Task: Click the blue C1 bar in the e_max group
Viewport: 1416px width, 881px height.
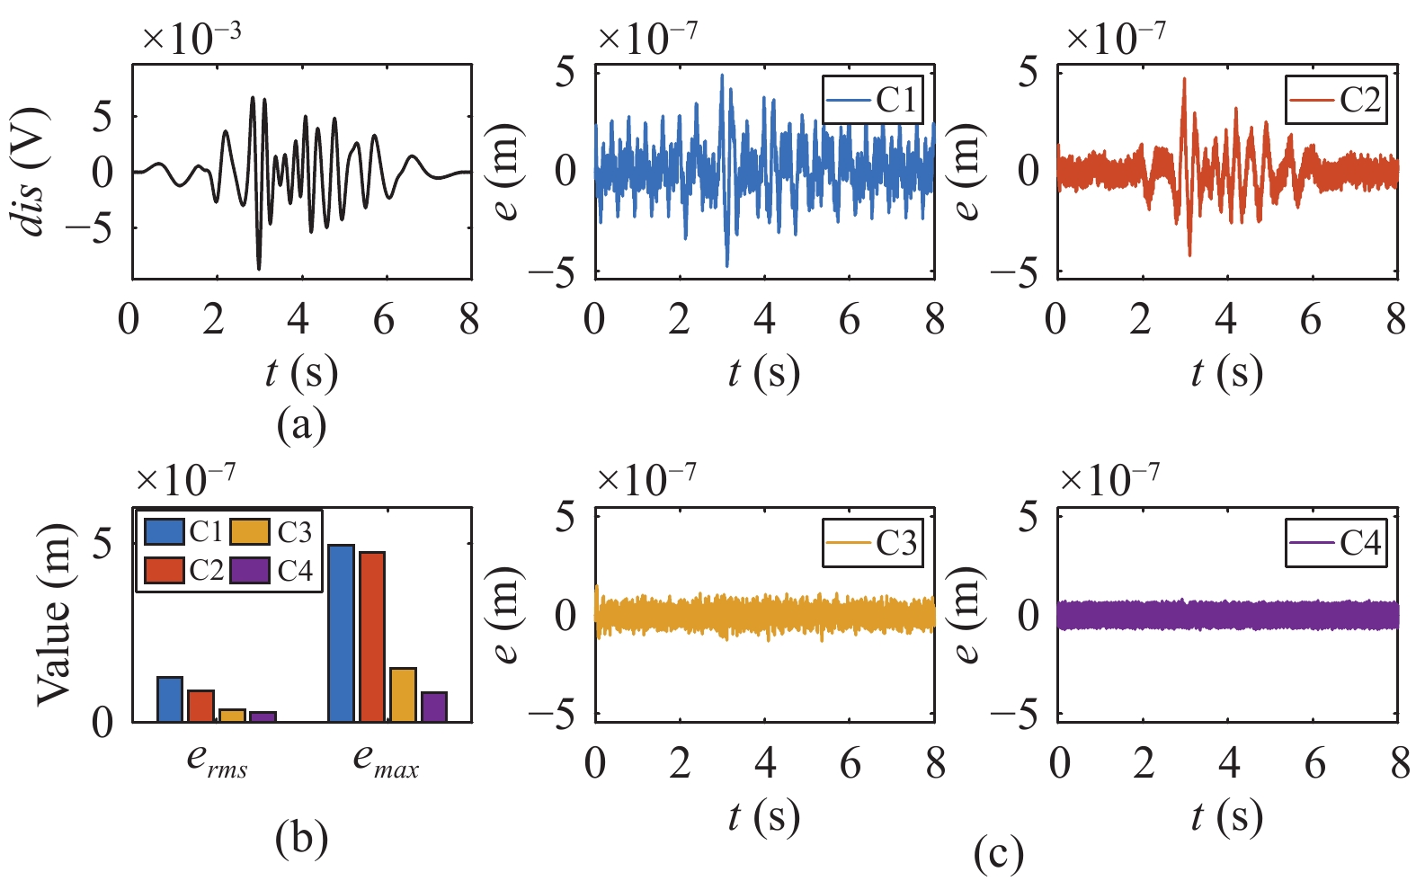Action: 342,633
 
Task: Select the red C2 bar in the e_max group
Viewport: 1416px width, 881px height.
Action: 372,636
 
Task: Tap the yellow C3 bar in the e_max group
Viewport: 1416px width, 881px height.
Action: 404,695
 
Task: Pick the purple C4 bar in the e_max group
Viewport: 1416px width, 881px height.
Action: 434,707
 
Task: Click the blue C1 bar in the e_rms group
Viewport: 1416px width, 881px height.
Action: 170,699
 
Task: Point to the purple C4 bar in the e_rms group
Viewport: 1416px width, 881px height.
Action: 263,716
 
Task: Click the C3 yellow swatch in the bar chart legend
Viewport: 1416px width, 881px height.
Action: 250,531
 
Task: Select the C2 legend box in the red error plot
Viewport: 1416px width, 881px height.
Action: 1336,99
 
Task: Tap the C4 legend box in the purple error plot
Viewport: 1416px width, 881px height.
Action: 1336,543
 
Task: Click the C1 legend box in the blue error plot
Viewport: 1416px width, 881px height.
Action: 873,99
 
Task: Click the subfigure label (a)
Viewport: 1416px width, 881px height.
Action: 301,426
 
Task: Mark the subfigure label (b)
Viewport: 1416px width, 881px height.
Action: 301,839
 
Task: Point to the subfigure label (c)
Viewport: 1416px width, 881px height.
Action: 998,854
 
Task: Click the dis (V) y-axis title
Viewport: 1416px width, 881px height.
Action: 30,171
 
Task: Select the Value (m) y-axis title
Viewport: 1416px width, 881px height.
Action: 53,614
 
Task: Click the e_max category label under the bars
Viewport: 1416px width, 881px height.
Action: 386,761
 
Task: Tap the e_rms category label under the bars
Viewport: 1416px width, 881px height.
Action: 217,761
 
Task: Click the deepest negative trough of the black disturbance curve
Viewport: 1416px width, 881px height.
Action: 259,269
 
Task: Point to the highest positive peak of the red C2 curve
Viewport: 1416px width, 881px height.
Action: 1184,78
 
